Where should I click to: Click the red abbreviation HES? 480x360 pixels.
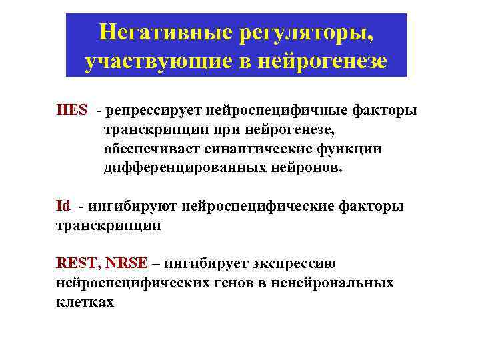tap(71, 110)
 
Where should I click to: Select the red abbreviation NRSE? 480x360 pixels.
tap(130, 263)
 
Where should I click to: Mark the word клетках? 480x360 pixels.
tap(85, 302)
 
